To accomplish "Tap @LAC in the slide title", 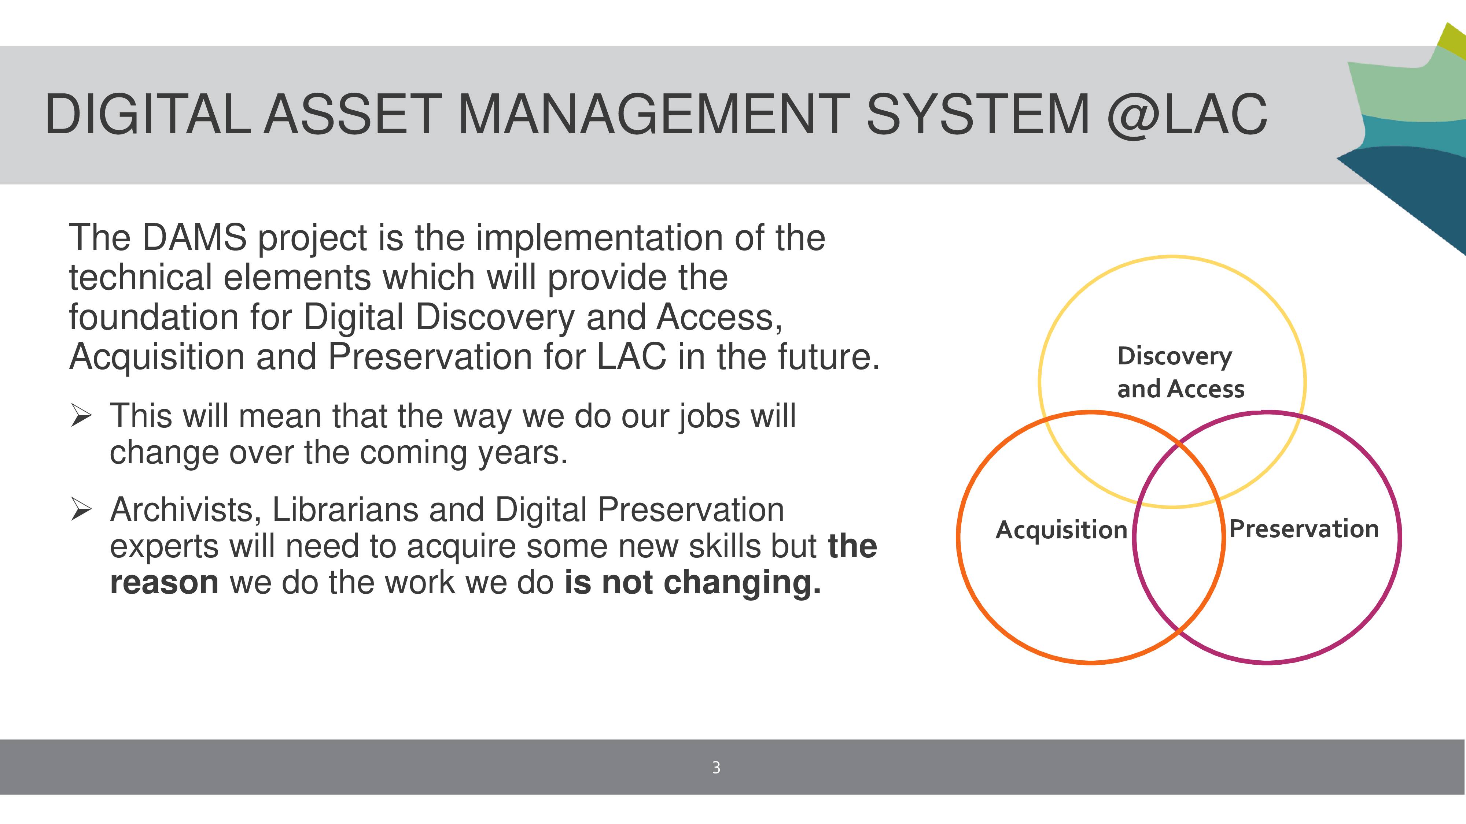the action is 1187,115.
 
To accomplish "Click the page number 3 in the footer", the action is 716,768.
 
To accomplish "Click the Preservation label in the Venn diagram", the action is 1304,529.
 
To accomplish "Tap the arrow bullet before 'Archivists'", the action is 81,509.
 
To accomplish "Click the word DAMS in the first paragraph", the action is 194,237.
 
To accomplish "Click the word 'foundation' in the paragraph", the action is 154,317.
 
